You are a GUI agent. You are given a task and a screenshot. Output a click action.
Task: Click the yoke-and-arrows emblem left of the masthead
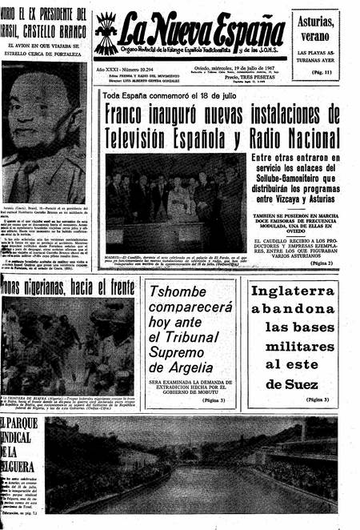(106, 32)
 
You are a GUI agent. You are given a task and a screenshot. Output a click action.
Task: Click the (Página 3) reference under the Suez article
(316, 399)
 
